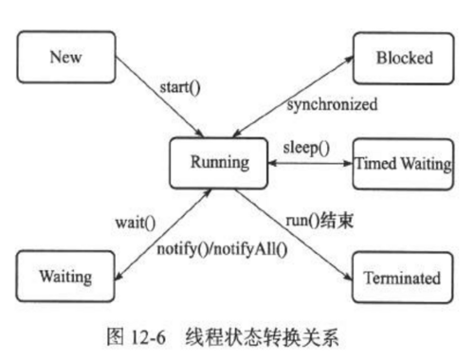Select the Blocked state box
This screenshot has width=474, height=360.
coord(400,58)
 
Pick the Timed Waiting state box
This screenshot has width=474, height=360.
coord(401,163)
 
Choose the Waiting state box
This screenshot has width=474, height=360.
coord(65,278)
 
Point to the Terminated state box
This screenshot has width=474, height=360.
coord(401,278)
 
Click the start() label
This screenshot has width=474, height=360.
coord(180,91)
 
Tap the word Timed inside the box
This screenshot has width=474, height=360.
coord(375,163)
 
